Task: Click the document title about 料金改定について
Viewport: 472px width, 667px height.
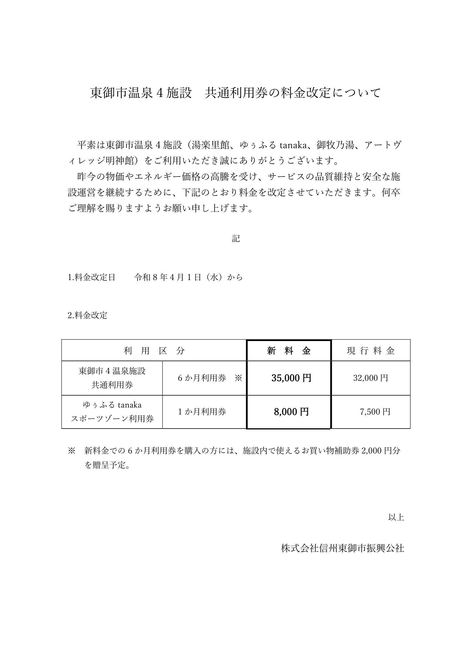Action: [x=235, y=93]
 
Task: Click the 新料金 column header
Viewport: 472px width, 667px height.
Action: [x=289, y=351]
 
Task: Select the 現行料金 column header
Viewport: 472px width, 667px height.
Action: [x=371, y=351]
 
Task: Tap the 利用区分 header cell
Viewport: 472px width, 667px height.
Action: [x=154, y=351]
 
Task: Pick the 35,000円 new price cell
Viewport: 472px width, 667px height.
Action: [x=291, y=378]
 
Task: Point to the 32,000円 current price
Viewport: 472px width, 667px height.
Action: [x=371, y=378]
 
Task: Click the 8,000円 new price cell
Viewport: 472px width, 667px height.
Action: [x=291, y=412]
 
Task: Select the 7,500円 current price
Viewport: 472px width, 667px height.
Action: [x=375, y=412]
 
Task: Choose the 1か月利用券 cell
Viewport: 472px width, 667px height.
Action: [x=202, y=412]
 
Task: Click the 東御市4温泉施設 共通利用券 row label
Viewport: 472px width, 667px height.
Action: [x=112, y=378]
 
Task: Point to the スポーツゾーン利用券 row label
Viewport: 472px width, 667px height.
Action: [x=112, y=419]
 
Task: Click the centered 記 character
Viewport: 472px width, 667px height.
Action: [x=236, y=238]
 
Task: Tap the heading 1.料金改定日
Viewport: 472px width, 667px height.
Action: [x=92, y=277]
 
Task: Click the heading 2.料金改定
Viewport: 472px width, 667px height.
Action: [x=88, y=315]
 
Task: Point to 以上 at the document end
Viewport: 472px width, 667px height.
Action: [x=396, y=517]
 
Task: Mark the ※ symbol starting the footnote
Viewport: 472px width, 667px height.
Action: [x=72, y=451]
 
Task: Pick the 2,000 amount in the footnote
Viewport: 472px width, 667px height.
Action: [x=372, y=451]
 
